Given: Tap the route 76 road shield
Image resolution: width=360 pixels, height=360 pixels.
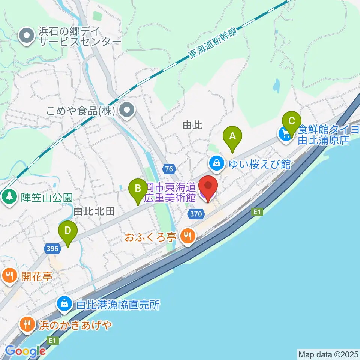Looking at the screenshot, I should (x=169, y=169).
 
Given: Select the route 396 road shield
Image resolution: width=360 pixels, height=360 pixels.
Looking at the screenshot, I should (x=52, y=248).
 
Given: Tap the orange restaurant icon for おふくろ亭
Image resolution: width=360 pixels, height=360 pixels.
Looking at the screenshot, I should (x=187, y=236).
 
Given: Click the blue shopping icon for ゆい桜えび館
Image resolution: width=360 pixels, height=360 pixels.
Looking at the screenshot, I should (x=216, y=163).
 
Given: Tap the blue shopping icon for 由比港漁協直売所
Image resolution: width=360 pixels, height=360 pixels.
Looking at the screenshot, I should (x=64, y=304).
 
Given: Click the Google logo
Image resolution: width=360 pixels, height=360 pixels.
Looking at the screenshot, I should (x=25, y=351).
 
